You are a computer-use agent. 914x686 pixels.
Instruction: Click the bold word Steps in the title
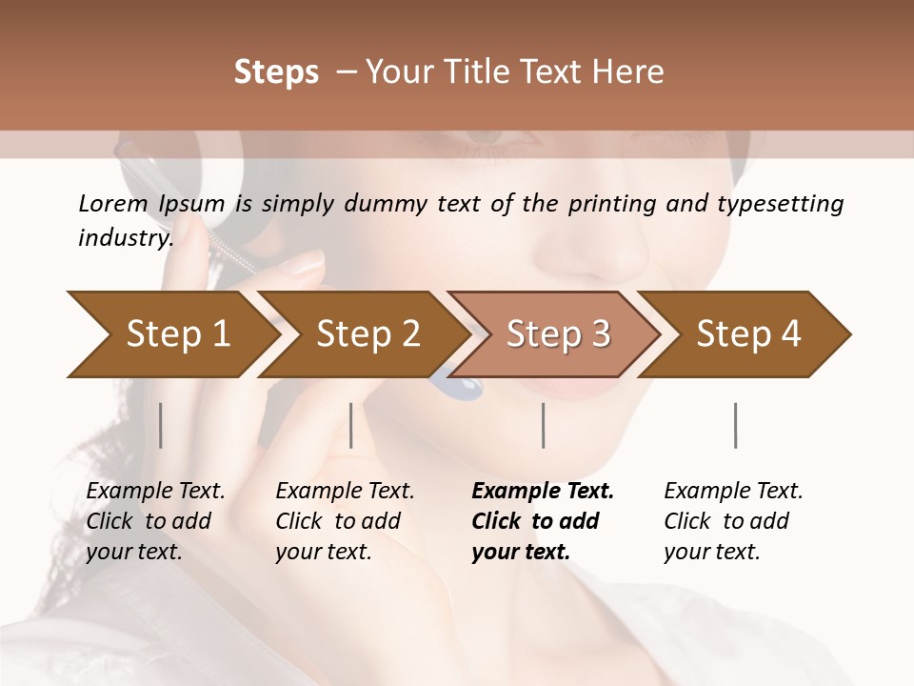[276, 72]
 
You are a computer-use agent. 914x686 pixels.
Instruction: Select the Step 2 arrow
[368, 334]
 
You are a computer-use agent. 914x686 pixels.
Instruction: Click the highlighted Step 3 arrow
[558, 334]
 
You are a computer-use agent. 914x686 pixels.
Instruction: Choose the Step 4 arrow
[748, 334]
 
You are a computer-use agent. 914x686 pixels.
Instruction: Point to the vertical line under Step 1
[161, 425]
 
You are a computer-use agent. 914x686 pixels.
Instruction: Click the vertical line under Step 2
[351, 425]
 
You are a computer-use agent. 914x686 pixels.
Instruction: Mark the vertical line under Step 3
[543, 425]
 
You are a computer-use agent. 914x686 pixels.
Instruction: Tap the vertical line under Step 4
[735, 425]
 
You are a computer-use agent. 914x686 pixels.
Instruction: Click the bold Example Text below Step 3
[543, 521]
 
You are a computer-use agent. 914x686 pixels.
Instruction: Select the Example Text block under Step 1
[155, 521]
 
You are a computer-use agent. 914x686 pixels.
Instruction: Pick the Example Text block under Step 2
[345, 521]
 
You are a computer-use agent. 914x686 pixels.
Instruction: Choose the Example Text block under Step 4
[733, 521]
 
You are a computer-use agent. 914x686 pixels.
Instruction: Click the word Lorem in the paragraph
[112, 204]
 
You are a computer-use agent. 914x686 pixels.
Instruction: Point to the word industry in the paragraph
[125, 238]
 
